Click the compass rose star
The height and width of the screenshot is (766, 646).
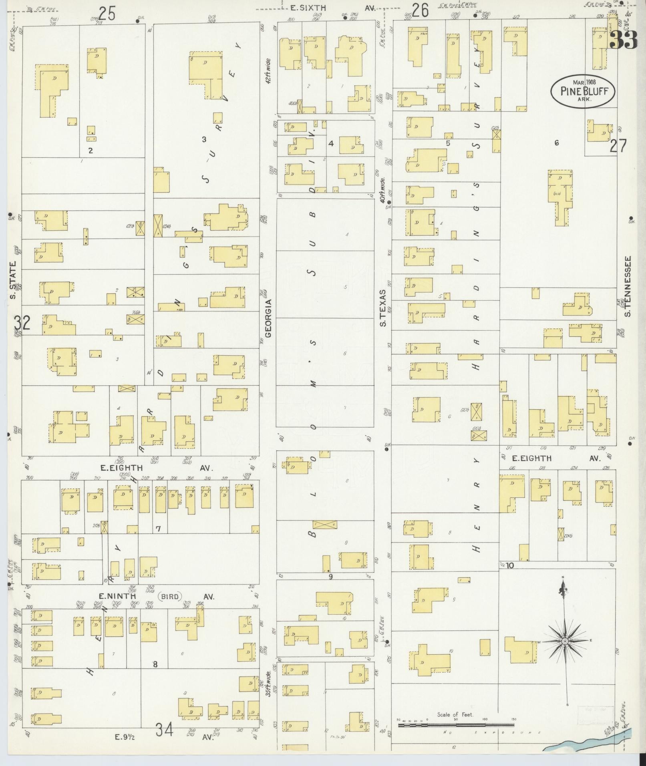click(565, 641)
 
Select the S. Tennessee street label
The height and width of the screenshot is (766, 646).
click(628, 286)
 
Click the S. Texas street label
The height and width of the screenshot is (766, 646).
click(383, 308)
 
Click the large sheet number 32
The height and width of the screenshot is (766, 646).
click(22, 322)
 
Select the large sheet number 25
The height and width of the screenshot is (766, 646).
click(107, 14)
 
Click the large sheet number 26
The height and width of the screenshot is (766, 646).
click(421, 10)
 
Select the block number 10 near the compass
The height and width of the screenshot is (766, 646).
click(509, 566)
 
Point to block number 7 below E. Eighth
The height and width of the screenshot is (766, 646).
click(158, 529)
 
